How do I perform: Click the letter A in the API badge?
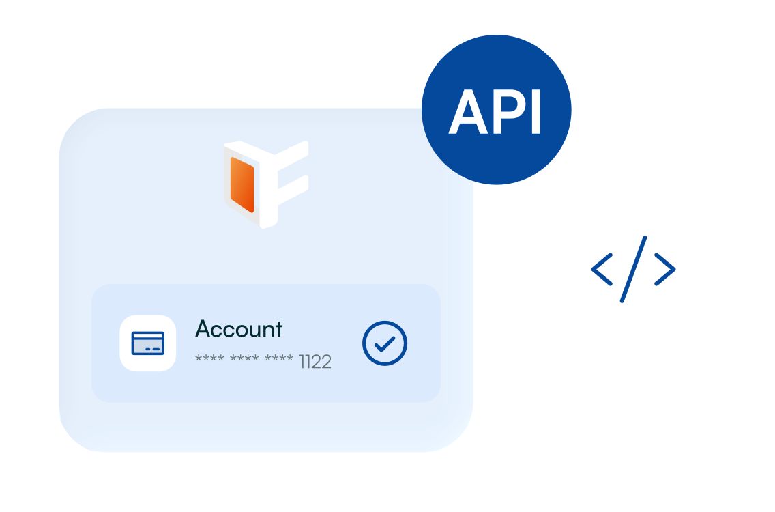467,111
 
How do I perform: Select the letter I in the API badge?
536,111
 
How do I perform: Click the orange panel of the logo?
242,184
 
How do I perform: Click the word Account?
239,329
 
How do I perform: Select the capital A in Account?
203,329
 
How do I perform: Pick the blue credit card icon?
147,343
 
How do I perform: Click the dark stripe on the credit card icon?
147,339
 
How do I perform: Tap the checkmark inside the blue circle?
385,343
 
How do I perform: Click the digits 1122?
315,362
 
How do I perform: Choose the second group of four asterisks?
244,360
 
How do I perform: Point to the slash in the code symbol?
633,268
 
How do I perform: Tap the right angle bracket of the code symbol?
665,268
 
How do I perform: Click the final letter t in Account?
278,330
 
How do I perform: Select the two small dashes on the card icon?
155,349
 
